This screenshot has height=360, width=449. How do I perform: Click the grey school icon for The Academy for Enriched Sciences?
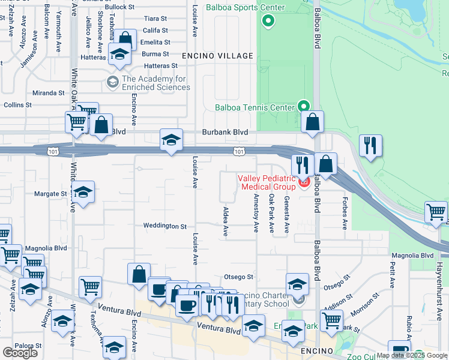pos(112,82)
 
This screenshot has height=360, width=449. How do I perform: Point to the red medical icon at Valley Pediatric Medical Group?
pos(304,181)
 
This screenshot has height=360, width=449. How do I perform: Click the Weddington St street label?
pos(165,226)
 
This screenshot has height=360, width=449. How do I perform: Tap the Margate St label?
pos(50,194)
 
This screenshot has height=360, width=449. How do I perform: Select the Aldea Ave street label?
pos(226,222)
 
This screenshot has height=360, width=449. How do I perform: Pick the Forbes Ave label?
pos(345,213)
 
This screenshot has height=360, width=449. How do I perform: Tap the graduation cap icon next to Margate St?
pos(83,192)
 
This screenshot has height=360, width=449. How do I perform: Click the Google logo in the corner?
pos(20,353)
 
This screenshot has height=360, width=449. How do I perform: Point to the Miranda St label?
pos(49,93)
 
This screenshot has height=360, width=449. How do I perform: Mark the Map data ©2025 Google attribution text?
pos(412,355)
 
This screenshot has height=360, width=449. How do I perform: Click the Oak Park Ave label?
pos(271,213)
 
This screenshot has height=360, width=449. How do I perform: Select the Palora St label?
pos(28,346)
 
